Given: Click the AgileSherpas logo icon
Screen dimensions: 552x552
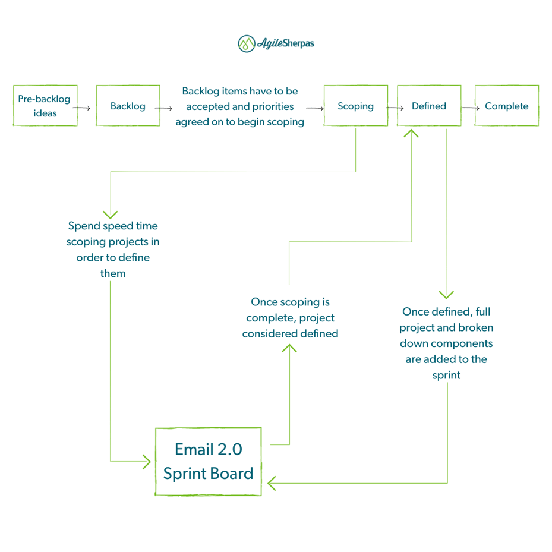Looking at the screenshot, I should tap(247, 43).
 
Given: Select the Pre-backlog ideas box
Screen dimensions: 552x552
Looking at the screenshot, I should tap(45, 106).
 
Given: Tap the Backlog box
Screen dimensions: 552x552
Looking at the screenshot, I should tap(128, 106).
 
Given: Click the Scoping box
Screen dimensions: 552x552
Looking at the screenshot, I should tap(355, 106).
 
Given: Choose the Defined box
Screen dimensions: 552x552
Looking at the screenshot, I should tap(428, 106).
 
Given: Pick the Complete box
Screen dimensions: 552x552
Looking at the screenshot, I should tap(506, 106).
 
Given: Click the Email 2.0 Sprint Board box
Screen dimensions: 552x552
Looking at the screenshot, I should tap(208, 461).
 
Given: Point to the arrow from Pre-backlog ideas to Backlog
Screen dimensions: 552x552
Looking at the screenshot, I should tap(83, 108).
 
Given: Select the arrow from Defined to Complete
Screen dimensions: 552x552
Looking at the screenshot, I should tap(471, 108).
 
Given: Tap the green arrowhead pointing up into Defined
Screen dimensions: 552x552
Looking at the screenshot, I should tap(411, 133).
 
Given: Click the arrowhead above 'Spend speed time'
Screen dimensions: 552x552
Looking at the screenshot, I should tap(111, 214).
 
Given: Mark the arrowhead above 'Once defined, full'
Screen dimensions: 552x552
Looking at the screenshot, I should tap(446, 295).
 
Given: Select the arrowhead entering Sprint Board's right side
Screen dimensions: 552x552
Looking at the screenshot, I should tap(272, 483).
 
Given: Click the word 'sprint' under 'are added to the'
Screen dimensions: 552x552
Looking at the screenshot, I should tap(446, 375).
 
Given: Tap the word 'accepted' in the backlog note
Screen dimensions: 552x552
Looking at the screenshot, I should tap(207, 106).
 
